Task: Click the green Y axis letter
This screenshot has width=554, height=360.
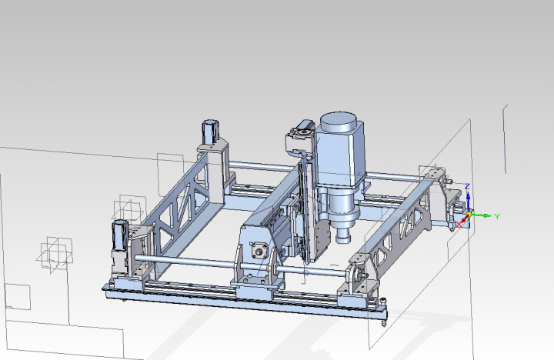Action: pos(497,216)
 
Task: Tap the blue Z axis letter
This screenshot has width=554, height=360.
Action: pos(468,186)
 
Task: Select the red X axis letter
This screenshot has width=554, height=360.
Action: pos(459,225)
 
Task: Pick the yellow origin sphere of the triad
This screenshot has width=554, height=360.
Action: pos(469,215)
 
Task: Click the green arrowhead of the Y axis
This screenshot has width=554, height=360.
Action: pos(488,215)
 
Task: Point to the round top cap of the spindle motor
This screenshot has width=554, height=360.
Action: pos(338,121)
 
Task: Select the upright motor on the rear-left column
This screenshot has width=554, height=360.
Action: pos(210,132)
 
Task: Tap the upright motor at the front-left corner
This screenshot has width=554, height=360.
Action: pos(119,235)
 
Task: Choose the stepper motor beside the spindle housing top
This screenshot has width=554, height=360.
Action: pos(299,135)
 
